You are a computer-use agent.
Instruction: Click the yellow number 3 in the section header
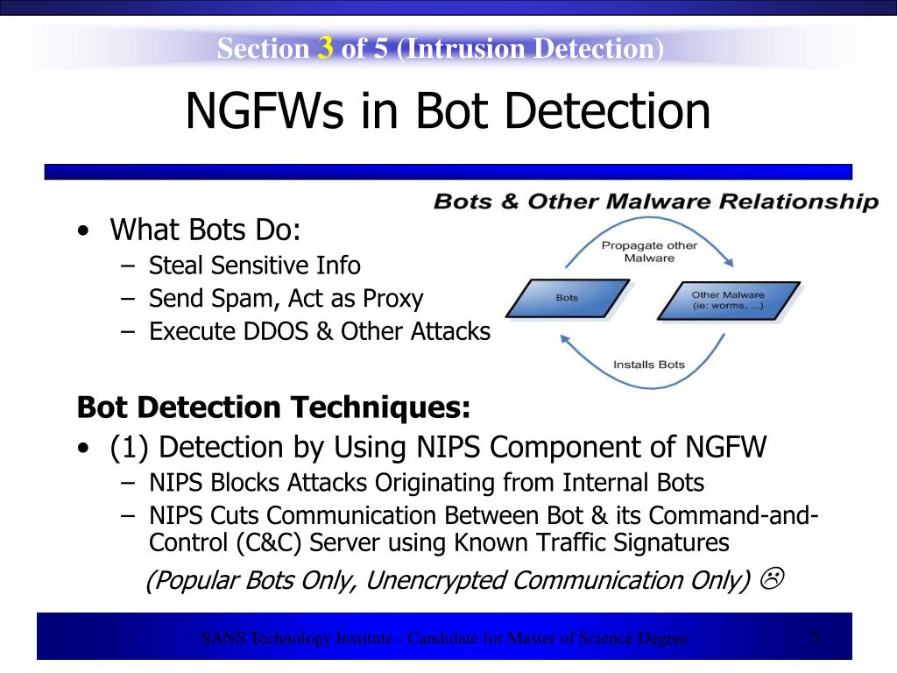[x=325, y=48]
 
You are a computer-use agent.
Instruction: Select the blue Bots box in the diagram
[x=568, y=298]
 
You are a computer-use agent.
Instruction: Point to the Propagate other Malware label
[x=649, y=251]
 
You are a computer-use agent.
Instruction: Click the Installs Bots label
[x=649, y=364]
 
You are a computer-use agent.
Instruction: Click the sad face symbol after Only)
[x=772, y=579]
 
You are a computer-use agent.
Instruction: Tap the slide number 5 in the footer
[x=816, y=637]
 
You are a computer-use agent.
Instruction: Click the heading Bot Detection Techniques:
[x=273, y=407]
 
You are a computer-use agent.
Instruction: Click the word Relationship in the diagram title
[x=798, y=202]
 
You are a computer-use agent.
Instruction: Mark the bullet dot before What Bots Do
[x=82, y=232]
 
